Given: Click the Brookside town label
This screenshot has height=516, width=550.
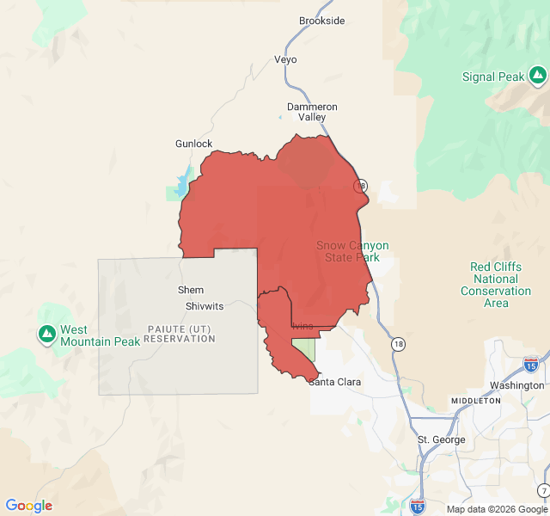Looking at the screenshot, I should click(x=321, y=21).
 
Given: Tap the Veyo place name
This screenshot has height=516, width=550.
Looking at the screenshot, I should click(x=285, y=60).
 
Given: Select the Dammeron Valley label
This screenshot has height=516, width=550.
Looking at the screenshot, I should click(x=312, y=112).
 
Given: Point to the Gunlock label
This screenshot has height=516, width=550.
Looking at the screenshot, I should click(x=193, y=144).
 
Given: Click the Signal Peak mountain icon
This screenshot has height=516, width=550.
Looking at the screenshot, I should click(x=538, y=77).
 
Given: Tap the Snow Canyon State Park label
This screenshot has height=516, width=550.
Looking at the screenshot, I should click(x=352, y=251).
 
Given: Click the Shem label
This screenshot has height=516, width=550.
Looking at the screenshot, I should click(x=191, y=290).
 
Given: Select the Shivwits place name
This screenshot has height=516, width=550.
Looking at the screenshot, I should click(x=204, y=306).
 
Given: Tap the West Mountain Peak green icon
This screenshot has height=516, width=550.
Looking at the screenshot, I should click(x=47, y=333).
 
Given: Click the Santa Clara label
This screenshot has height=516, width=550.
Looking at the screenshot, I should click(x=335, y=382).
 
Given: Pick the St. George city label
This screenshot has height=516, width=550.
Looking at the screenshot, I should click(x=441, y=440).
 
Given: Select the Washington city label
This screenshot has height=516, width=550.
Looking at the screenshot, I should click(x=516, y=385).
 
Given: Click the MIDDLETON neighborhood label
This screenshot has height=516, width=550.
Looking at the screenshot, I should click(x=475, y=402).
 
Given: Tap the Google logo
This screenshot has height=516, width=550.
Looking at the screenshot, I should click(x=29, y=506).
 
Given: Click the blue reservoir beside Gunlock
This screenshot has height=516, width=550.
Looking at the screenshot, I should click(x=182, y=183).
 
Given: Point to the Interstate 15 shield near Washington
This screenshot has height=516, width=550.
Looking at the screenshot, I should click(x=531, y=365).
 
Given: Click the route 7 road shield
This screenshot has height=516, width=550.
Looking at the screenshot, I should click(x=544, y=490).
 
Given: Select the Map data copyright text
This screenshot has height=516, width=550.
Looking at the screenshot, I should click(x=496, y=509).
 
